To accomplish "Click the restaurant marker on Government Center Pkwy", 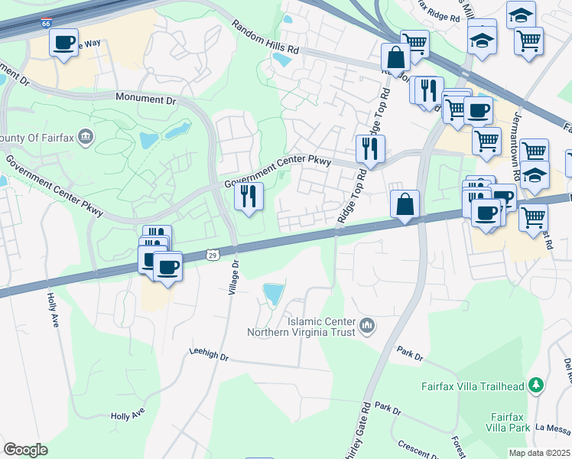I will click(249, 196).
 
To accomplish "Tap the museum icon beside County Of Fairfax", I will click(86, 138).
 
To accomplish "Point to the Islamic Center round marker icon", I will click(367, 327).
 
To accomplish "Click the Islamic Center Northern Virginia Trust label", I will click(302, 327).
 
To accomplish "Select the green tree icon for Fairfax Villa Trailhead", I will click(538, 383).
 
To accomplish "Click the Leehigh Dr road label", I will click(209, 355).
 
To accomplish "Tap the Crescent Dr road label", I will click(418, 448).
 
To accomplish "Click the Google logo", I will click(26, 449).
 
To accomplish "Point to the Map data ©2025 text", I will click(539, 453).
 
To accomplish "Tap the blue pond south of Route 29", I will click(272, 293).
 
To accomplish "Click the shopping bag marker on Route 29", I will click(405, 205).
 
